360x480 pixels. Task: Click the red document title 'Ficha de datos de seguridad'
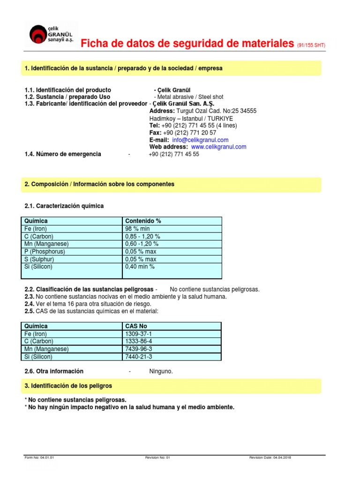click(187, 44)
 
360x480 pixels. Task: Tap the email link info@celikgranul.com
click(200, 140)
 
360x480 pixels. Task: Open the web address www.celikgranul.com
click(218, 147)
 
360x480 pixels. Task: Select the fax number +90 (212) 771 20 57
click(189, 133)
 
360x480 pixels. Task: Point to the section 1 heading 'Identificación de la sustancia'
click(123, 68)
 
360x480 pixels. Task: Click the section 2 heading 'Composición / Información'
click(99, 184)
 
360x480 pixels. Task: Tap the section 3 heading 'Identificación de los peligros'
click(68, 386)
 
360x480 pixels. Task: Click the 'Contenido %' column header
click(143, 221)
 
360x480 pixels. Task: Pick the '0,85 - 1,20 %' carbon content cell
click(143, 236)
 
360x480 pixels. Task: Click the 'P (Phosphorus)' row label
click(45, 252)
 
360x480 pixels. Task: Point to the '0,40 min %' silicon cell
click(140, 267)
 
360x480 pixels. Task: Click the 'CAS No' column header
click(136, 326)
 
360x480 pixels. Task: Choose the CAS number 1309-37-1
click(138, 334)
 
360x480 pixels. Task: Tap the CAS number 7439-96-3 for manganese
click(138, 349)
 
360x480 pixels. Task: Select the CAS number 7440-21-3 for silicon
click(138, 357)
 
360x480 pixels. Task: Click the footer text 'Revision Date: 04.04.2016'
click(270, 457)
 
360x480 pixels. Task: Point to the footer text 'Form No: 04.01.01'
click(39, 457)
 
